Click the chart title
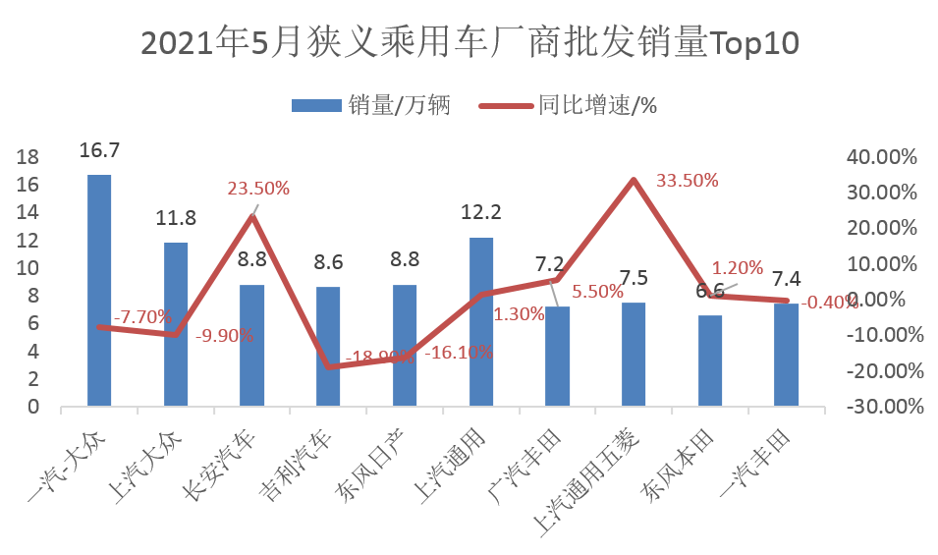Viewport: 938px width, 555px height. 469,44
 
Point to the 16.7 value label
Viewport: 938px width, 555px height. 99,150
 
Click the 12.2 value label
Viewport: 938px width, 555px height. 481,213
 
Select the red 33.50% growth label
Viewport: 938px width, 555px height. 687,181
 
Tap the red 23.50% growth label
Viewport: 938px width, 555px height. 258,189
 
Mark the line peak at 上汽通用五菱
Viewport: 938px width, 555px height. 634,180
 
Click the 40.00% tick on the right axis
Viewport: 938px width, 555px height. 880,157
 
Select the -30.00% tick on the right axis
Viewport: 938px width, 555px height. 880,407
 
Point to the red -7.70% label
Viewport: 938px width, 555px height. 142,317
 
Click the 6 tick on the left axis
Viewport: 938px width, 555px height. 32,323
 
